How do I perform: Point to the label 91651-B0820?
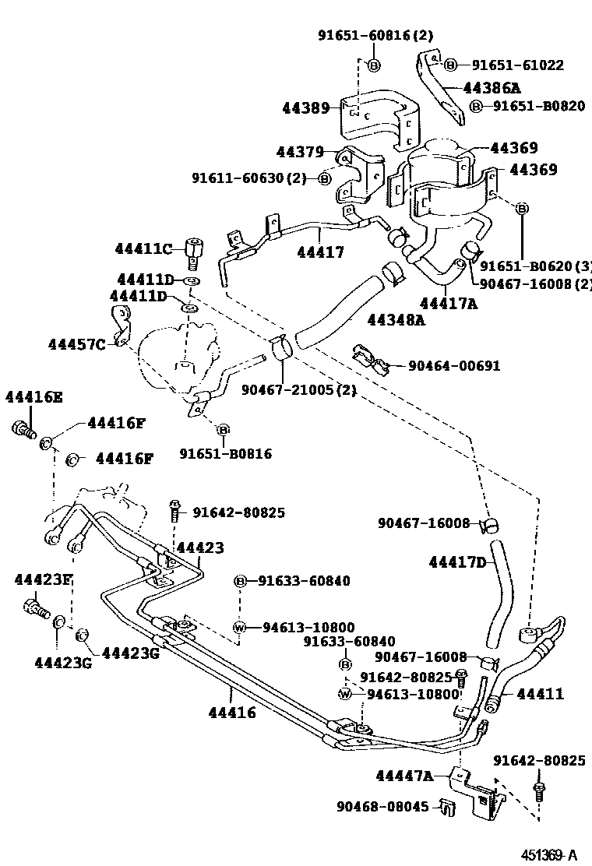tap(538, 106)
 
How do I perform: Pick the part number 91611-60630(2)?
tap(249, 178)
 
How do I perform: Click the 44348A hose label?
tap(396, 319)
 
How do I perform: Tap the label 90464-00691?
tap(452, 365)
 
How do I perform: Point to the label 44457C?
tap(76, 343)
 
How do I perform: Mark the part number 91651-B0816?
tap(226, 453)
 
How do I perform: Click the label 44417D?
tap(457, 561)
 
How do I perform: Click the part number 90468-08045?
tap(382, 807)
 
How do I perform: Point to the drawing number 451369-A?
tap(550, 855)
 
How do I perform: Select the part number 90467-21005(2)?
tap(299, 389)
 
